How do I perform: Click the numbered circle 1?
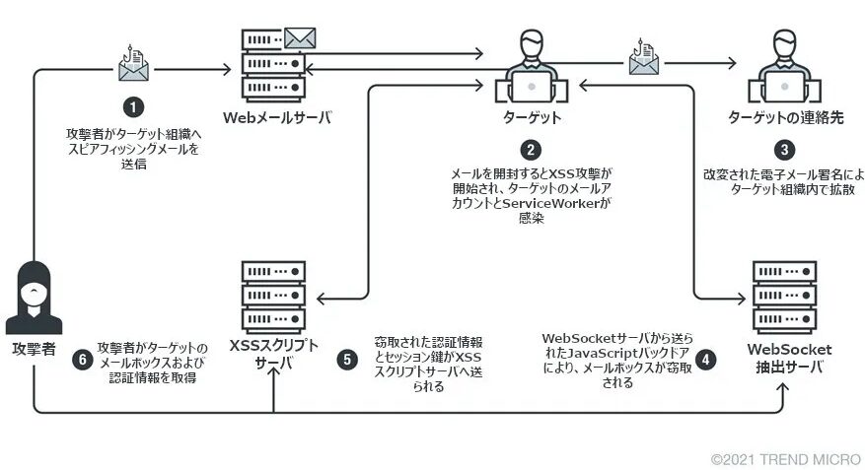pos(133,103)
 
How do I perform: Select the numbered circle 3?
pos(783,150)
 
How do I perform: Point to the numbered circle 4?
pos(705,359)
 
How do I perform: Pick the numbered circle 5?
pos(346,359)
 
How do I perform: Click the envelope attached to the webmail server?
pos(299,38)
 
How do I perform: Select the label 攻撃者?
pos(35,350)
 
